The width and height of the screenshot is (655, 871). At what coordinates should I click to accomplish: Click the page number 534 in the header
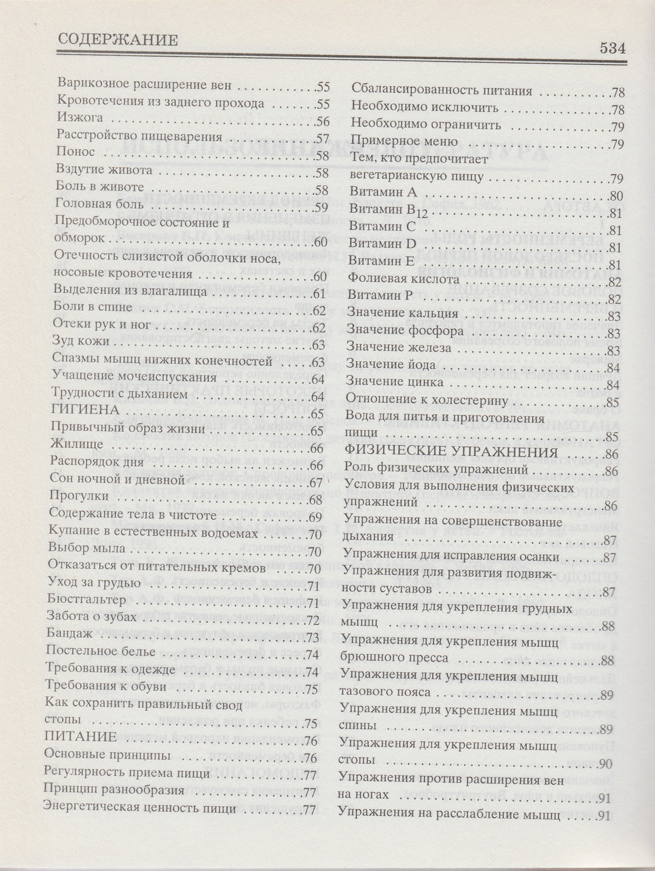point(613,49)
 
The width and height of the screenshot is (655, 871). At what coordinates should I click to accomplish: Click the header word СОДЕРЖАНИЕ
point(118,41)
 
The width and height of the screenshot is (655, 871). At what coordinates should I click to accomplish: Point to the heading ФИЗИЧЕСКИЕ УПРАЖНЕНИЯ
point(451,452)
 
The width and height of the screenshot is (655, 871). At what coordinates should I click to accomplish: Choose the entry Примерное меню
point(395,144)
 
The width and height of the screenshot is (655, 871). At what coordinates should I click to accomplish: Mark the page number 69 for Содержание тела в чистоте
point(314,517)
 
